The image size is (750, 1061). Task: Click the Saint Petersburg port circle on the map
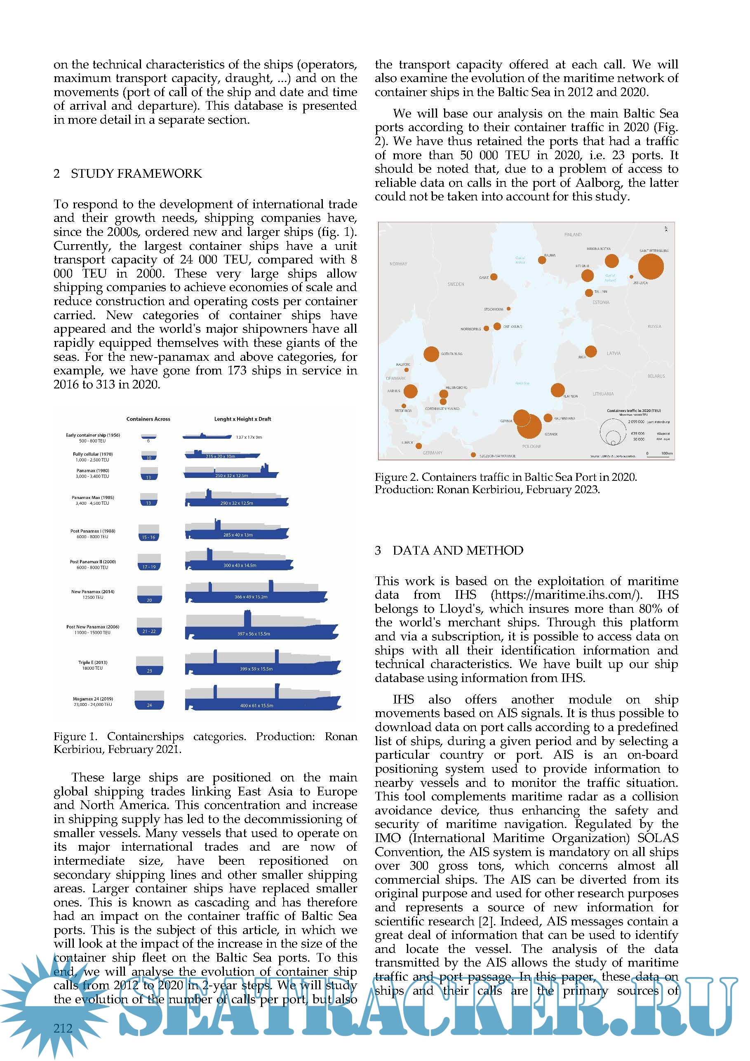click(x=650, y=267)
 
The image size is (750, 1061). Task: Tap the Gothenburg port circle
click(x=431, y=354)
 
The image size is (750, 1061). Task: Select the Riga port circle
click(x=590, y=351)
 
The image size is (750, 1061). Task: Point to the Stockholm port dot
click(x=508, y=309)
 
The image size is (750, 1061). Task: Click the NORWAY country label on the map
click(x=398, y=264)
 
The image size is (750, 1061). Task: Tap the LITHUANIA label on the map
click(x=603, y=394)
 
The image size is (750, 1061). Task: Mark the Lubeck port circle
click(x=418, y=446)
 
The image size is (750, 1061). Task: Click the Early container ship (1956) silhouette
click(x=207, y=436)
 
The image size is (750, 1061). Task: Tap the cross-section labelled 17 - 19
click(x=149, y=562)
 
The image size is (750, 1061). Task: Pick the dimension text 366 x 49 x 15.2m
click(x=251, y=597)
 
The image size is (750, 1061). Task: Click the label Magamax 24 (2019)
click(x=93, y=699)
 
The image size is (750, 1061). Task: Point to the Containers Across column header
click(x=148, y=419)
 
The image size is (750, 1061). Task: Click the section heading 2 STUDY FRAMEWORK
click(x=127, y=174)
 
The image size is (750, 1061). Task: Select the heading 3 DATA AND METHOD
click(x=449, y=550)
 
